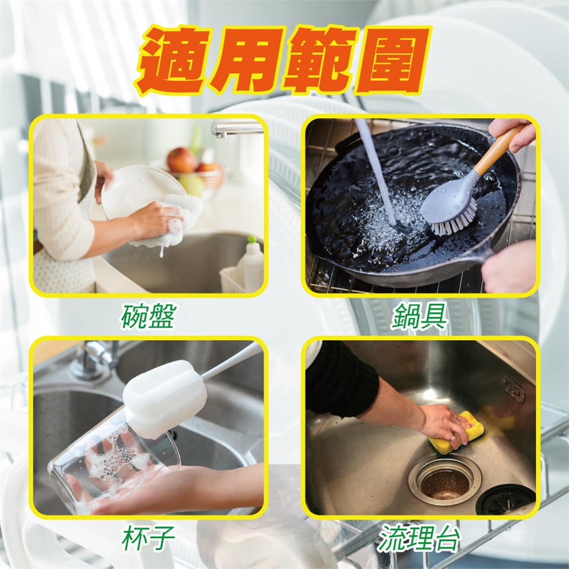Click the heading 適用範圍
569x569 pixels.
point(284,60)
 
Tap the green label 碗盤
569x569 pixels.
point(148,316)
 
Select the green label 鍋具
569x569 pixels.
point(418,316)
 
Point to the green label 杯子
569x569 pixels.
point(148,538)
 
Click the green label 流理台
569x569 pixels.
point(419,538)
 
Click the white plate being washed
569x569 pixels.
point(142,192)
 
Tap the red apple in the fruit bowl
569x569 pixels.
point(181,160)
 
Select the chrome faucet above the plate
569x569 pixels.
point(236,129)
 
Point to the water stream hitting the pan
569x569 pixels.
point(377,171)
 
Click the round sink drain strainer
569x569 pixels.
point(445,481)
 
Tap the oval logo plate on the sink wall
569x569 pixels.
point(513,389)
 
